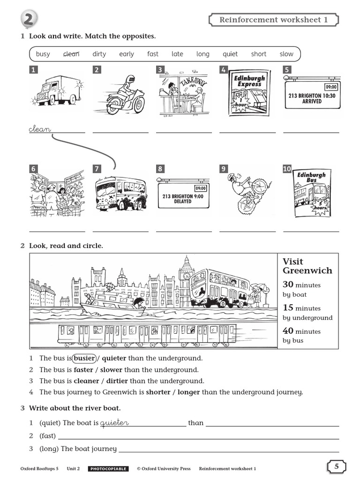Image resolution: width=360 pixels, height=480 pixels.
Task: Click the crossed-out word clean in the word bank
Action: coord(72,54)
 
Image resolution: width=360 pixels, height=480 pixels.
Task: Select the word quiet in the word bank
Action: coord(230,54)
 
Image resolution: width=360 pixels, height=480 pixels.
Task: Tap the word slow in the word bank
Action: coord(286,54)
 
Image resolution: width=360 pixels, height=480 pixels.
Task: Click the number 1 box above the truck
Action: coord(34,70)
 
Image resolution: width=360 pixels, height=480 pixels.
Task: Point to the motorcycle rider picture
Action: coord(120,95)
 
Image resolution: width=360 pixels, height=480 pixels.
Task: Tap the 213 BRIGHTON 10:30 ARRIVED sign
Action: coord(312,96)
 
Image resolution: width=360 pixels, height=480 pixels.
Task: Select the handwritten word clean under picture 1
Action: coord(40,129)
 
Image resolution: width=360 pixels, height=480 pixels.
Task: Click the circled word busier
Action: coord(84,358)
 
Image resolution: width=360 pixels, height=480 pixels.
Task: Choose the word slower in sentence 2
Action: coord(111,370)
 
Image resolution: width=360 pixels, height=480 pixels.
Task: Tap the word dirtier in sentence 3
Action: coord(114,381)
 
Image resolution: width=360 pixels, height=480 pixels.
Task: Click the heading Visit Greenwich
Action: coord(307,266)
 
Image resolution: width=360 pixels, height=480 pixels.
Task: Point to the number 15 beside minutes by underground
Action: coord(288,307)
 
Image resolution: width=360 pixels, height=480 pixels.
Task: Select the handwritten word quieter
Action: coord(114,423)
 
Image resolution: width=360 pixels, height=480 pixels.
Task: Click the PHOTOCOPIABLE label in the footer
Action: coord(108,468)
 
